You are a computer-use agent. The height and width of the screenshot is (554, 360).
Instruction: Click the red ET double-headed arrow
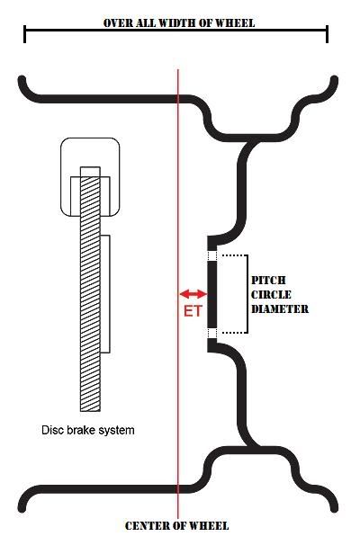tap(193, 293)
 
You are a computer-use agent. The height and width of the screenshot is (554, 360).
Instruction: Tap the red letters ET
tap(193, 311)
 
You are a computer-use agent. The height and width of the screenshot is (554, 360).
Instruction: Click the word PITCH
tap(268, 281)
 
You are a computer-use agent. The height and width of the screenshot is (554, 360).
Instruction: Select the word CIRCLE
tap(271, 295)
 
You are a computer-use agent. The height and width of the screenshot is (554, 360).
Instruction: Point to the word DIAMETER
tap(280, 309)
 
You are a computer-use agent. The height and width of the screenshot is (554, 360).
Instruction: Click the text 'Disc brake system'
tap(88, 430)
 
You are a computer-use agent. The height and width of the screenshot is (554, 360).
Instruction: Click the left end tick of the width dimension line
tap(24, 34)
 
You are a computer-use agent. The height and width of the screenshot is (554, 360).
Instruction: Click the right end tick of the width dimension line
tap(327, 34)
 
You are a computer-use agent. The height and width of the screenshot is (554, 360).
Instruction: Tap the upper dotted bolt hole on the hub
tap(211, 255)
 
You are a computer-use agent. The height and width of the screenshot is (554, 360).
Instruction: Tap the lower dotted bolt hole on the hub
tap(211, 333)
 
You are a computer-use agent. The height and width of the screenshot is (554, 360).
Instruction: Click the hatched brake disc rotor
tap(90, 289)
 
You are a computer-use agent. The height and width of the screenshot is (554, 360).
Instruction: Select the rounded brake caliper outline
tap(90, 138)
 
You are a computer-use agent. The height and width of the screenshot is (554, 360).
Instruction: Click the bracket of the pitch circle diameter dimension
tap(247, 294)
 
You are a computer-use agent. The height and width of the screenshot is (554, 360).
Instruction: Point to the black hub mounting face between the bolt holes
tap(211, 294)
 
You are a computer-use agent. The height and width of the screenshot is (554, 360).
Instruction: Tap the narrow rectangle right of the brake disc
tap(105, 294)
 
